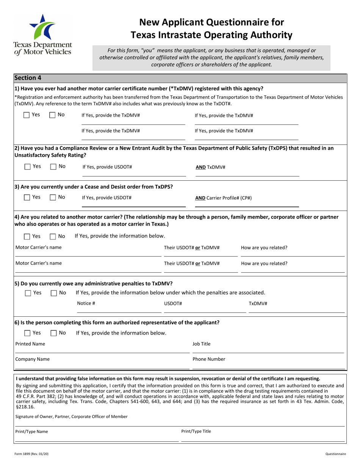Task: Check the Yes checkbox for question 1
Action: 27,115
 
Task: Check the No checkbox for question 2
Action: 53,166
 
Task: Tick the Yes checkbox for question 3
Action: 27,197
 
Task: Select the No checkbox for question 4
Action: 53,236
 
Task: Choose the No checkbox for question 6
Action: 53,333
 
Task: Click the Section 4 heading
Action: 28,78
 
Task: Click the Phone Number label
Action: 209,359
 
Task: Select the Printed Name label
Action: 30,344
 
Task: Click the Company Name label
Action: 32,359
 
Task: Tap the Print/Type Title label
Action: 196,431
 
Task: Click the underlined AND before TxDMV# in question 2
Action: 200,167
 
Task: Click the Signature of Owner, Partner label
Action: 71,416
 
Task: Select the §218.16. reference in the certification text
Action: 22,407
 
